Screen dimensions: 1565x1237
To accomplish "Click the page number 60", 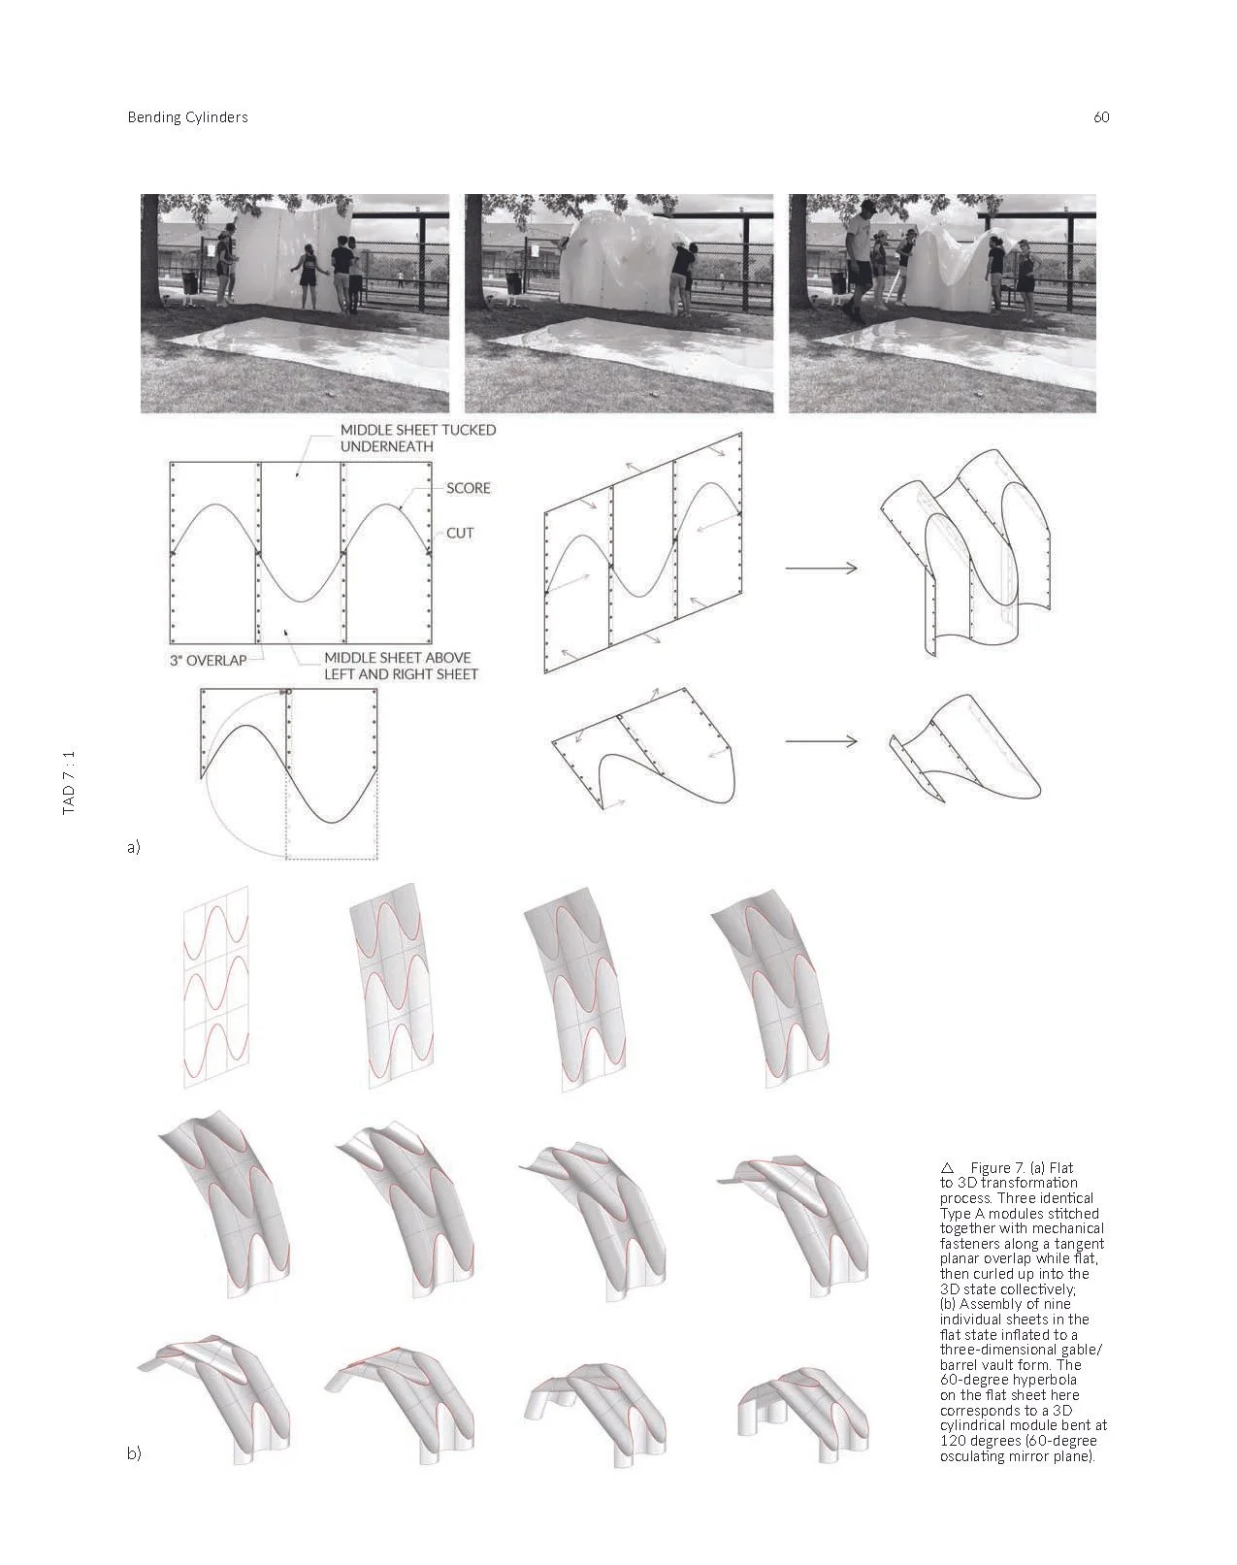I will point(1100,117).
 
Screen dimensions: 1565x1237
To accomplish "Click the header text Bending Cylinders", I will point(187,117).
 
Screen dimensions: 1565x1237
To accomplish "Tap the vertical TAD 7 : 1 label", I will point(69,781).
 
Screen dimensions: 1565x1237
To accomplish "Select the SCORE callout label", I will point(468,488).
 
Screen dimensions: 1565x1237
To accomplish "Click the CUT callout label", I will point(460,534).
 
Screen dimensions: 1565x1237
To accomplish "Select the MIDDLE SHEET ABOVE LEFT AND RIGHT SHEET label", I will point(400,666).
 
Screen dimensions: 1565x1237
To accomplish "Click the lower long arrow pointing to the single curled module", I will point(821,742).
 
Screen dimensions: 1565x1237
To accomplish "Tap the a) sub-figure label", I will point(134,847).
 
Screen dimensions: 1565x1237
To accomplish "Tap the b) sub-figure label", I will point(134,1453).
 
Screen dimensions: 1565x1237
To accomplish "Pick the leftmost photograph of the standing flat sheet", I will point(295,303).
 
